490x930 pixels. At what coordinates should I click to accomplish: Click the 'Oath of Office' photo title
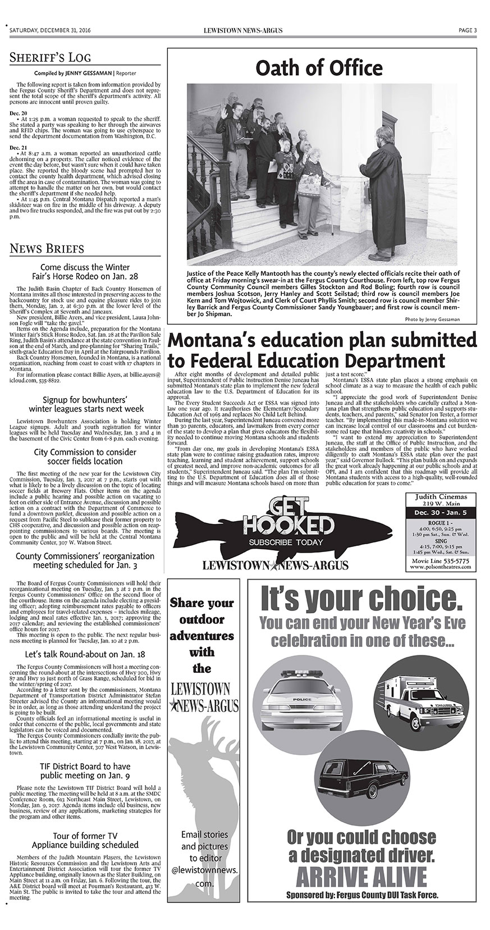pos(319,69)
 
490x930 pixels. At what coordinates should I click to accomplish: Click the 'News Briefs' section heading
pos(47,248)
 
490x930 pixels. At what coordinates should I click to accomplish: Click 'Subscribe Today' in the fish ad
pos(287,542)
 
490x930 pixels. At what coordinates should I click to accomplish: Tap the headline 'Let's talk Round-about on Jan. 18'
pos(85,654)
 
